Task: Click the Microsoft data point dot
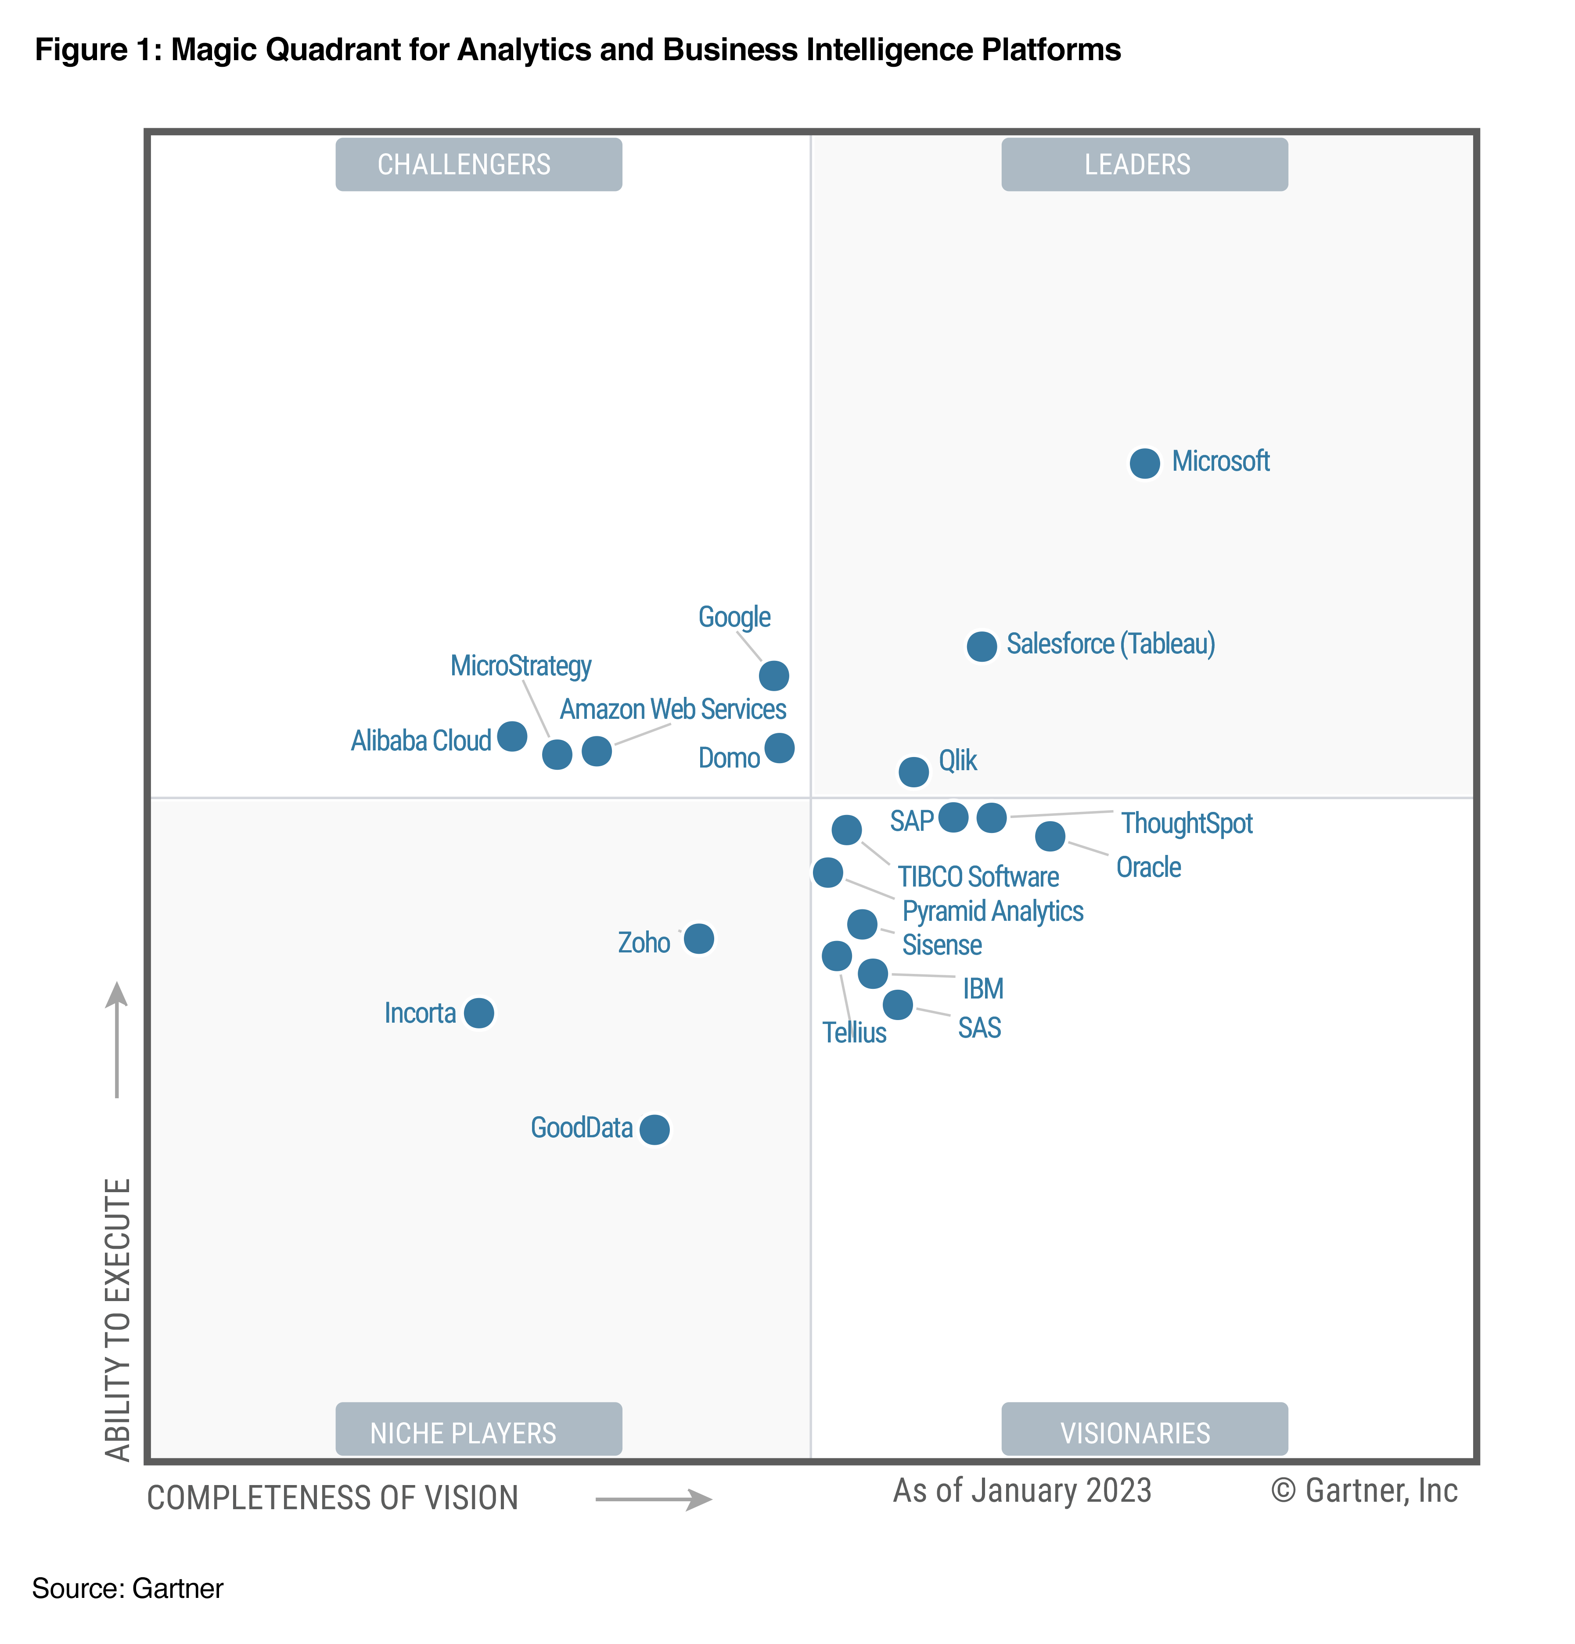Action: pos(1144,463)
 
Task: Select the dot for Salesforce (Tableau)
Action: pos(981,646)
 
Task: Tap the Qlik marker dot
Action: pos(913,771)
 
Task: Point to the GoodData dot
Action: pos(654,1129)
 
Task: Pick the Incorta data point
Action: pos(479,1013)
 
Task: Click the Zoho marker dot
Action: pos(698,939)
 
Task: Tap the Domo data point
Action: pos(779,747)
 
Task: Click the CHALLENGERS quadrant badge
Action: pos(478,164)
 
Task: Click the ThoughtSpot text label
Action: pos(1186,823)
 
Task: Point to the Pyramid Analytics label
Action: pos(992,911)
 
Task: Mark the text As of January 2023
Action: pos(1021,1490)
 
